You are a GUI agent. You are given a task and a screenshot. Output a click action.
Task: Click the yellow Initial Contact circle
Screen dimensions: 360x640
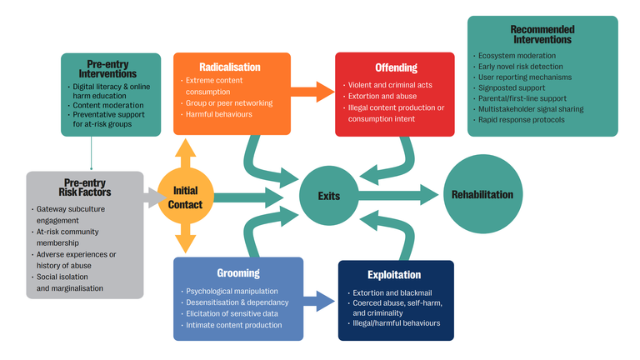pos(185,197)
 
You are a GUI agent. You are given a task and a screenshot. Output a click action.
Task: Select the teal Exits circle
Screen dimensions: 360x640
pos(327,196)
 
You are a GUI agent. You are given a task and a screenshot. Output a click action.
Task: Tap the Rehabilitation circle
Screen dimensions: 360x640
pos(482,195)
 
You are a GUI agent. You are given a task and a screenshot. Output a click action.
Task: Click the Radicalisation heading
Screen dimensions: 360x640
pos(230,67)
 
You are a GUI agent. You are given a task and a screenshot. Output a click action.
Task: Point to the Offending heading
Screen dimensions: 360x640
pos(396,67)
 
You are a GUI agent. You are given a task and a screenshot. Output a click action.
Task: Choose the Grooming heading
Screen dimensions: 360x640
pos(237,272)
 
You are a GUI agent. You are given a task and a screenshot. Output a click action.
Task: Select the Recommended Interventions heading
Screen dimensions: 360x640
pos(542,33)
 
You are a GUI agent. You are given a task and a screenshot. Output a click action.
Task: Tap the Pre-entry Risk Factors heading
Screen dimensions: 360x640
pos(78,187)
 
